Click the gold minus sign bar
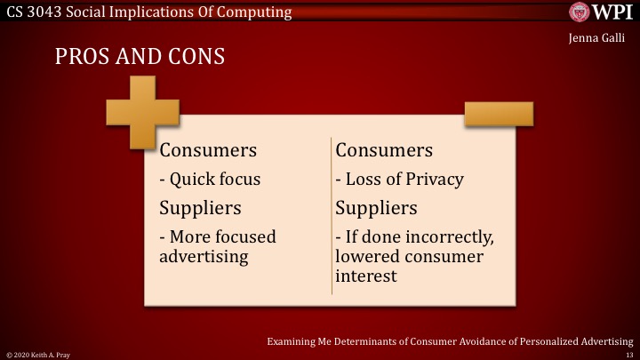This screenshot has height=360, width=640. [498, 113]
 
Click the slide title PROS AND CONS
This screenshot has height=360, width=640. [140, 57]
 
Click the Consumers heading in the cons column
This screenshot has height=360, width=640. [384, 149]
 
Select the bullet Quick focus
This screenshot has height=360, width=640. [210, 180]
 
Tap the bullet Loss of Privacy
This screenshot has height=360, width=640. [399, 180]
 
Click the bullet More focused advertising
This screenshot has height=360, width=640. [218, 246]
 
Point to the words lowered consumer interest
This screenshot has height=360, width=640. [409, 267]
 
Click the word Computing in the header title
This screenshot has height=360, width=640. [250, 12]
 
